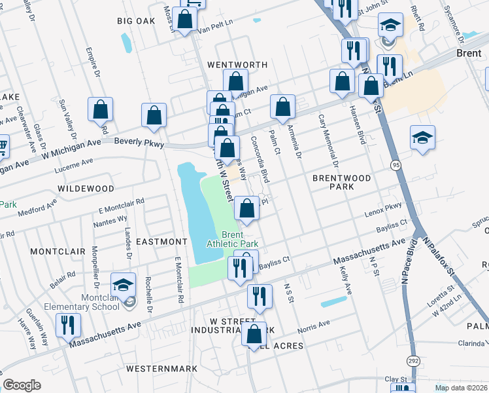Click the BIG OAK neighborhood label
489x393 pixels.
(x=137, y=21)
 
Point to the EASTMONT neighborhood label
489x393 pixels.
(x=161, y=242)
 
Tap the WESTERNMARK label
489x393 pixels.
(x=162, y=369)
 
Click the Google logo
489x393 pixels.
(x=22, y=385)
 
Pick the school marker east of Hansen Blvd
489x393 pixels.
(x=422, y=138)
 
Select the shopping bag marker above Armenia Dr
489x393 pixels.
(x=282, y=106)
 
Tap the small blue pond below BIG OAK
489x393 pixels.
(x=126, y=43)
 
